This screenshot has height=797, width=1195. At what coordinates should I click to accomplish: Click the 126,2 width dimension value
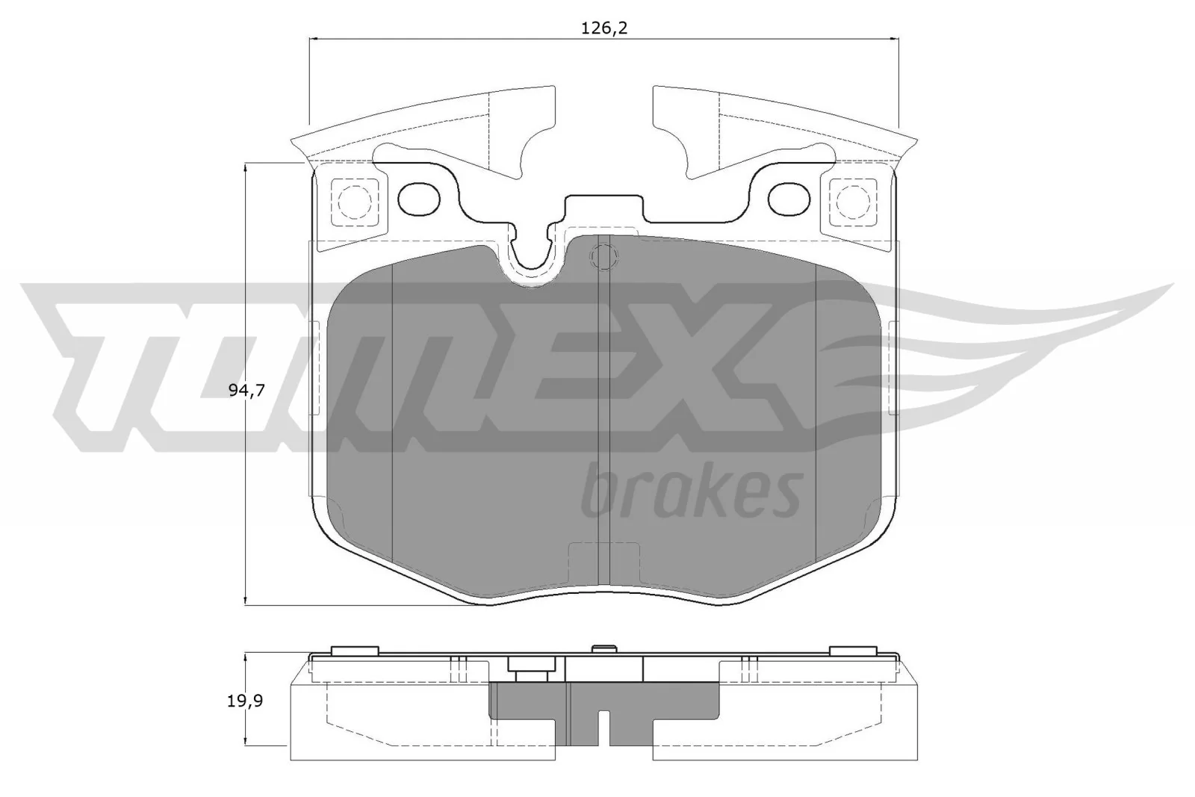click(603, 28)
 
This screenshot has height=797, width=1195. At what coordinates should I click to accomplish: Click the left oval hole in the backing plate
click(420, 197)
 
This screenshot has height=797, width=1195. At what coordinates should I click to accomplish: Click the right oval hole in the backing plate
click(789, 197)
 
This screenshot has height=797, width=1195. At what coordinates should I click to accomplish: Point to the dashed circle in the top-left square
click(354, 200)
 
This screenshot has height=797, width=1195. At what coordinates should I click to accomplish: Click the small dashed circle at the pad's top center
click(603, 258)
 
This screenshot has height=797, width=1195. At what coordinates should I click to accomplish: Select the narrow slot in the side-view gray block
click(603, 728)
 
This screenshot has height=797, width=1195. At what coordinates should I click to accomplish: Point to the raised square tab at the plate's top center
click(603, 207)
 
